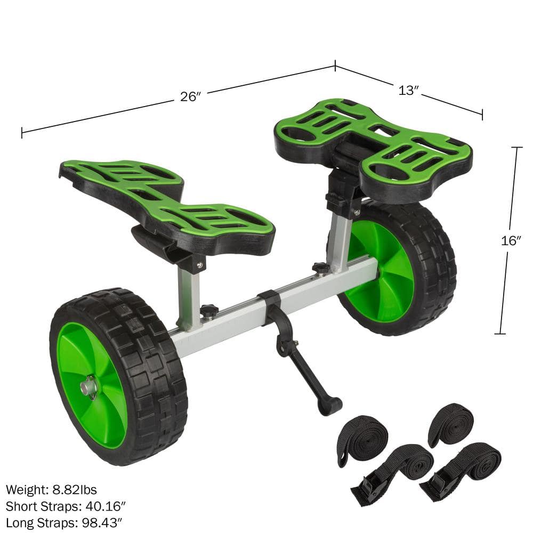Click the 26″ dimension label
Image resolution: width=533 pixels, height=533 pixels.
tap(189, 96)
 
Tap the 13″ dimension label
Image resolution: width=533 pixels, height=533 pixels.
tap(408, 91)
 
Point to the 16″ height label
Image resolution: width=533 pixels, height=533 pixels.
tap(511, 240)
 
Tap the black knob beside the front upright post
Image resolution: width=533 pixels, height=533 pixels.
tap(209, 310)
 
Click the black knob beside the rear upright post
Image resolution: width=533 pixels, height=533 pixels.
tap(320, 268)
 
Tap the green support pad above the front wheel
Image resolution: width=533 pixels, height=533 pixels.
tap(165, 197)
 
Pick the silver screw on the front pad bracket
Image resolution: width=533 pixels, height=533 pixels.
tap(199, 264)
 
